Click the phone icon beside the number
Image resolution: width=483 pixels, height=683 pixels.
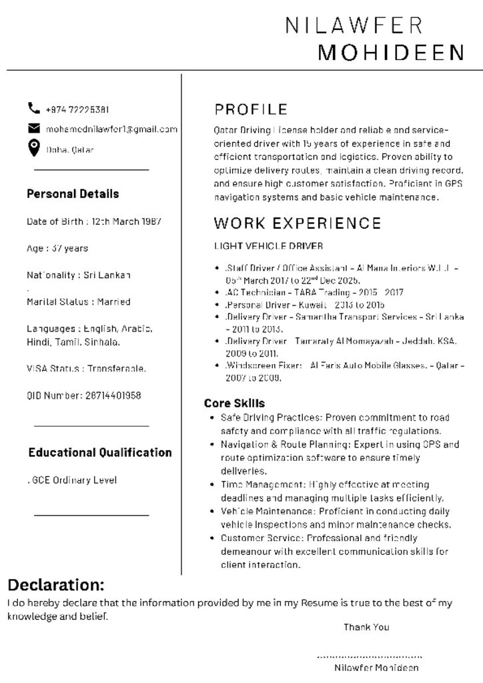[x=33, y=108]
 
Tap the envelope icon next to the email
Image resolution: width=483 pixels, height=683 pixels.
[x=33, y=128]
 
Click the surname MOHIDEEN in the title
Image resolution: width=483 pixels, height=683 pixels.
[x=391, y=53]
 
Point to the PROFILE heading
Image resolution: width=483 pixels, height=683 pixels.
[x=251, y=109]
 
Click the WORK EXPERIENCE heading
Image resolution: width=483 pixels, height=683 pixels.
[x=298, y=223]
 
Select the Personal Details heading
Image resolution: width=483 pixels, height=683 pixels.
[x=73, y=194]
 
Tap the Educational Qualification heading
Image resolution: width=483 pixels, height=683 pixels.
[x=100, y=452]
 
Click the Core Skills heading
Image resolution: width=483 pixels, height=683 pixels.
[x=234, y=404]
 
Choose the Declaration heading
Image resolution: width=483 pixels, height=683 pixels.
[x=56, y=585]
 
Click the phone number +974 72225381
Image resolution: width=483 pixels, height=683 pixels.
[x=77, y=109]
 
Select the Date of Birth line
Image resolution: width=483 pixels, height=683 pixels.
[x=94, y=221]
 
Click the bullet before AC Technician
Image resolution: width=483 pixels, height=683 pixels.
[x=218, y=292]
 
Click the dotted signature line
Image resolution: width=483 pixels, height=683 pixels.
[x=369, y=656]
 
